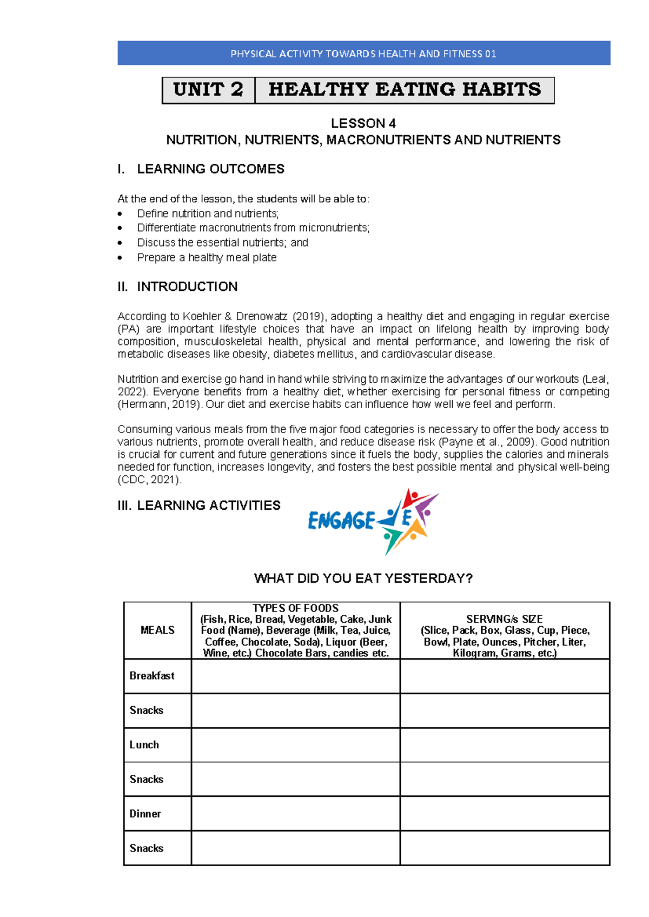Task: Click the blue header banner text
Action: (363, 54)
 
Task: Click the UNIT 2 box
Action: (208, 90)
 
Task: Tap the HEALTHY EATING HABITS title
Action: (405, 90)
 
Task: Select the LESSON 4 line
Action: (363, 123)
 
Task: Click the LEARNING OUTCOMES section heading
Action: (210, 169)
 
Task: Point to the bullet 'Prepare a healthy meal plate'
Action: (207, 258)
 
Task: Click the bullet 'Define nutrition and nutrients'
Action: (208, 214)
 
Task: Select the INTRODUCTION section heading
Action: (187, 287)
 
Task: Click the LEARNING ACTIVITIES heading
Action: (208, 506)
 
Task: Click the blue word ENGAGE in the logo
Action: (341, 521)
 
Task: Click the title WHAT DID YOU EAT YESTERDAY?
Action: (363, 579)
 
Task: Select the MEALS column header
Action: (157, 630)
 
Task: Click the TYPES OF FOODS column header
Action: (296, 608)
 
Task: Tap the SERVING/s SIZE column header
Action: (505, 619)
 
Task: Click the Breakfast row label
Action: (152, 676)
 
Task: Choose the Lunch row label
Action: (144, 745)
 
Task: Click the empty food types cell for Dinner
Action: (296, 814)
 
